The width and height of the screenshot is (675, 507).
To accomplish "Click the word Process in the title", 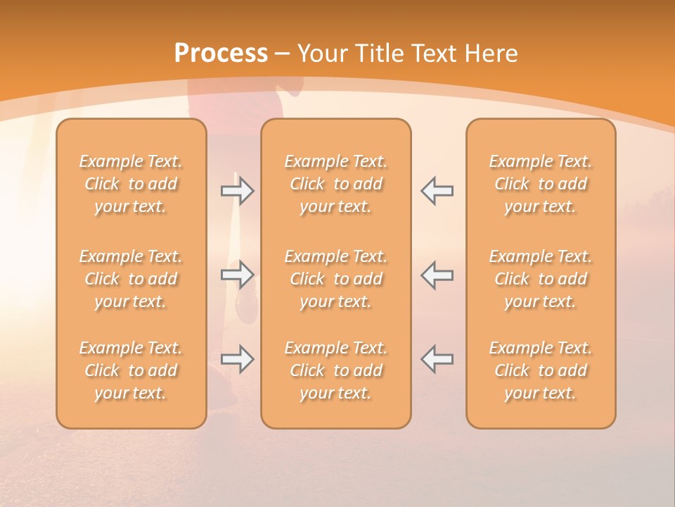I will tap(221, 54).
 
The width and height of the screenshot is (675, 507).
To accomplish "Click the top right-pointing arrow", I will tap(237, 191).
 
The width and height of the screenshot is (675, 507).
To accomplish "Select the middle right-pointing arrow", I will tap(237, 275).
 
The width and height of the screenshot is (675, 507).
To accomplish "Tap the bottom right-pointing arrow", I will tap(237, 358).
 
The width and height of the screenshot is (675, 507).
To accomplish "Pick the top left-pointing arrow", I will tap(437, 191).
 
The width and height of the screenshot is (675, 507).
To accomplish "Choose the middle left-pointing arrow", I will tap(437, 275).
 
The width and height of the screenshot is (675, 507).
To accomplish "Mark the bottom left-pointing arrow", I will tap(437, 358).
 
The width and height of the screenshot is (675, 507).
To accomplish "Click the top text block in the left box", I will tap(131, 184).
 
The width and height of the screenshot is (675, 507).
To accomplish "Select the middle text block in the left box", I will tap(131, 279).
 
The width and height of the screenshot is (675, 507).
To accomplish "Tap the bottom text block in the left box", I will tap(131, 370).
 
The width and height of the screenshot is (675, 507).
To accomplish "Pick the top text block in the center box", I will tap(335, 184).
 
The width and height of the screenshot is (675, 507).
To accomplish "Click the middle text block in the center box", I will tap(335, 279).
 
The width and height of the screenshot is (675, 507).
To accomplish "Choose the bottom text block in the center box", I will tap(335, 370).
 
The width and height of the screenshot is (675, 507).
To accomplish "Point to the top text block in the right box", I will tap(541, 184).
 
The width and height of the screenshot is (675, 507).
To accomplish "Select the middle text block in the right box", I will tap(541, 279).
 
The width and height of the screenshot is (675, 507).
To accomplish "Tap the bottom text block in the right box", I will tap(541, 370).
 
